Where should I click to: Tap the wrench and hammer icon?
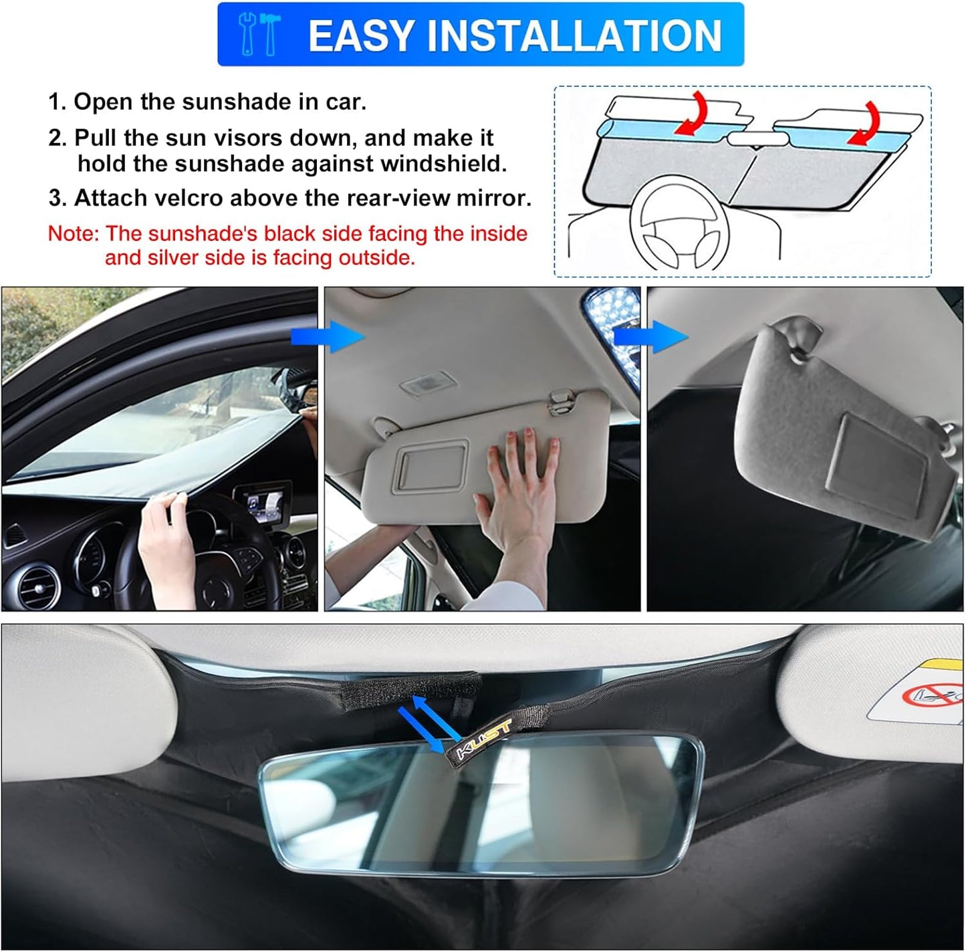[x=259, y=35]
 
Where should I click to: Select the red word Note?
[x=72, y=233]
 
